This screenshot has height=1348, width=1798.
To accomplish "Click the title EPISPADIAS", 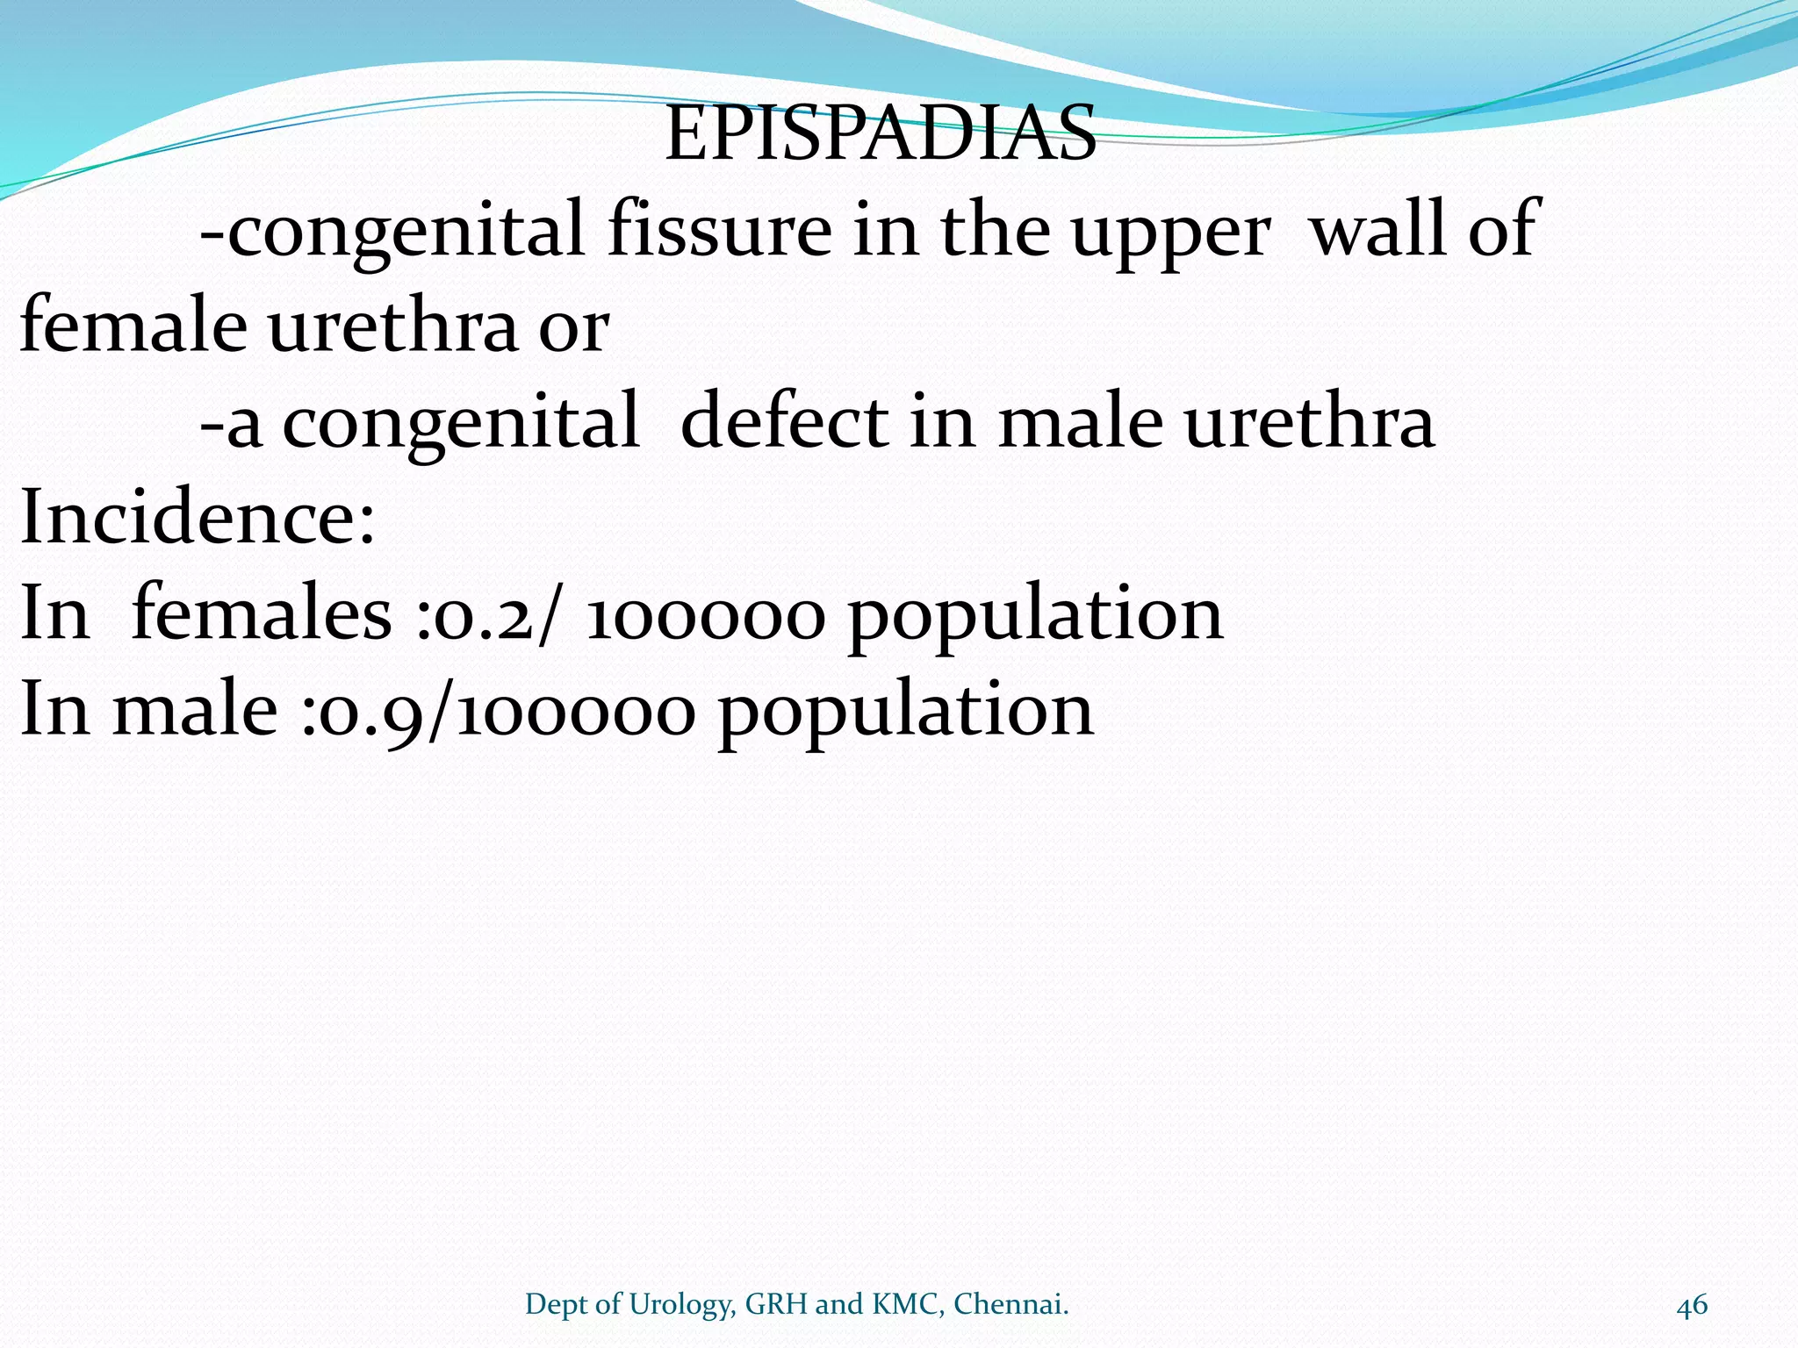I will (881, 134).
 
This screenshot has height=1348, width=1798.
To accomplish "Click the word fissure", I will (719, 230).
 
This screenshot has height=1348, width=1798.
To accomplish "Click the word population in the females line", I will (1035, 616).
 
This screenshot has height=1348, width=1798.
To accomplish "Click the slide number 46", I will (1692, 1305).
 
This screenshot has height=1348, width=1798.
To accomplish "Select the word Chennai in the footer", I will (1010, 1304).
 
